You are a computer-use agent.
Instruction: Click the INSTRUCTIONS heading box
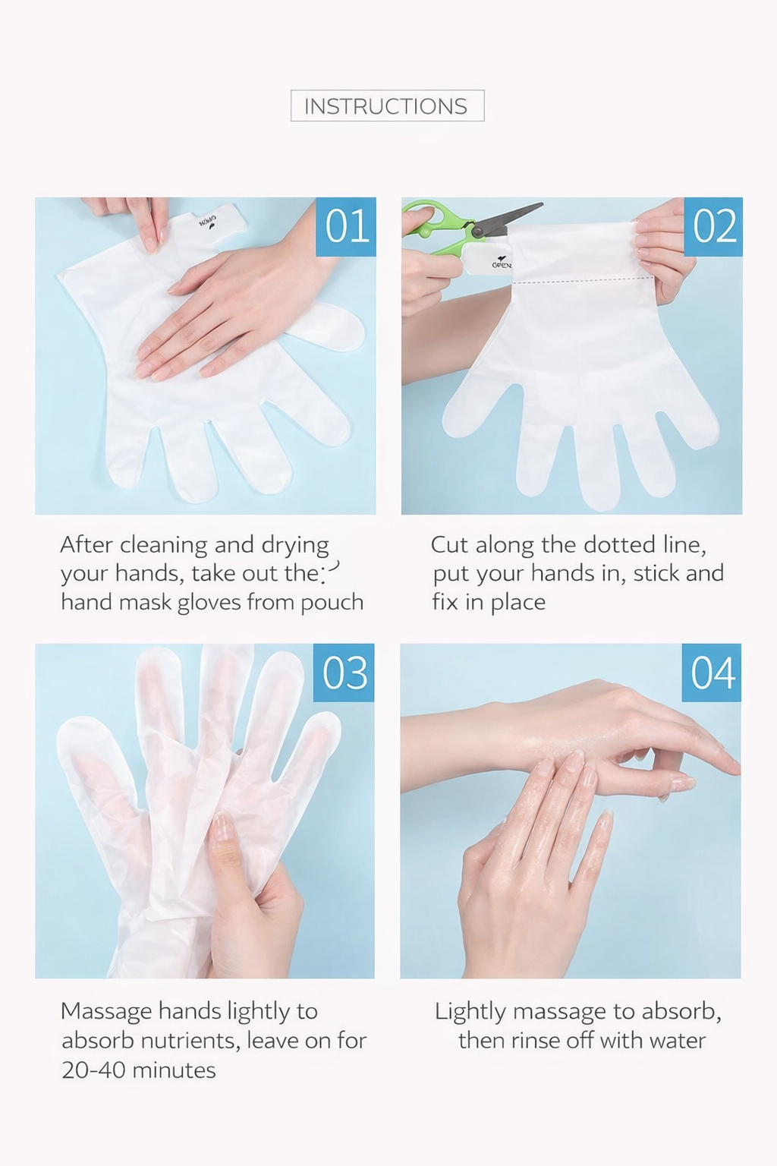pos(387,106)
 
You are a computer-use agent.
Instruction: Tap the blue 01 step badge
pos(346,226)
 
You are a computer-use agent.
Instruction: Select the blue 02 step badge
pos(713,226)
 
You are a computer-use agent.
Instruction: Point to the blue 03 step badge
pos(344,673)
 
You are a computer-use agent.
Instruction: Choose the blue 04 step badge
pos(712,673)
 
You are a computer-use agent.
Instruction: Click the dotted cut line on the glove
pos(583,281)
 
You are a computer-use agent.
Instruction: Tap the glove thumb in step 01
pos(328,326)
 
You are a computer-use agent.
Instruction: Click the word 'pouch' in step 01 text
pos(332,603)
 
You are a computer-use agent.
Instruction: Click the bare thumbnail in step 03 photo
pos(222,827)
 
